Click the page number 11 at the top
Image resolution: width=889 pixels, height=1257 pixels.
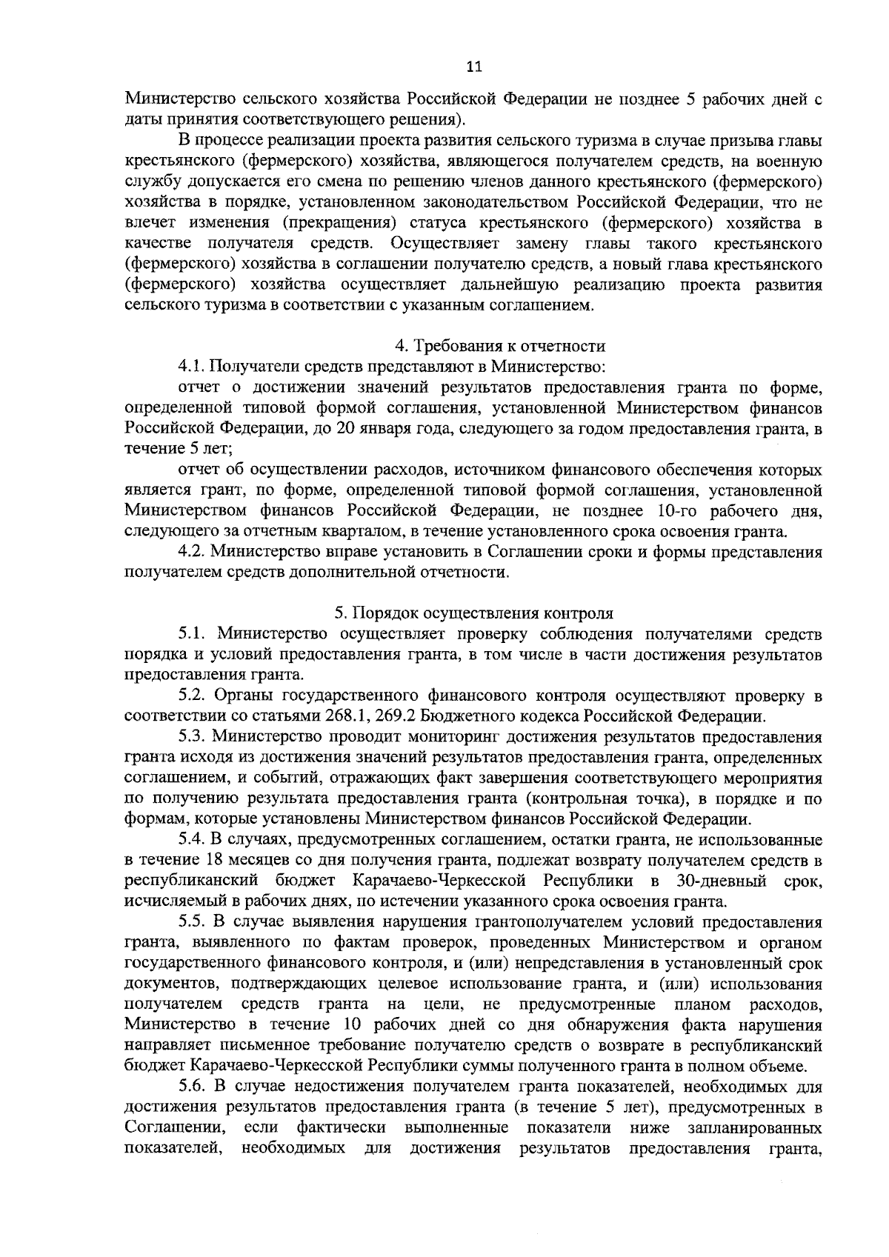(474, 67)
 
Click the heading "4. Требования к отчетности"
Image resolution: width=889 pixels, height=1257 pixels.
(500, 345)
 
